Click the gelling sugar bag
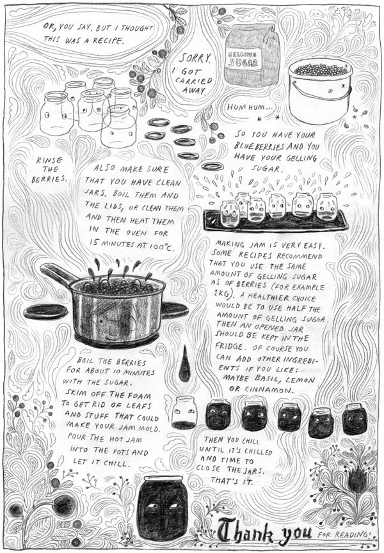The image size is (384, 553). [252, 56]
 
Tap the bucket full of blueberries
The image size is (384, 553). [320, 91]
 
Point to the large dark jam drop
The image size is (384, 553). [184, 366]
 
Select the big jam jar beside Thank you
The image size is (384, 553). [161, 511]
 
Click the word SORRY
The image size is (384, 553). [195, 58]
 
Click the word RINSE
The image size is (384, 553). [49, 160]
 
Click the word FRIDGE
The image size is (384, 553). [229, 346]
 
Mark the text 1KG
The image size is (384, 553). [221, 293]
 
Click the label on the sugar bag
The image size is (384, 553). [243, 59]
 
